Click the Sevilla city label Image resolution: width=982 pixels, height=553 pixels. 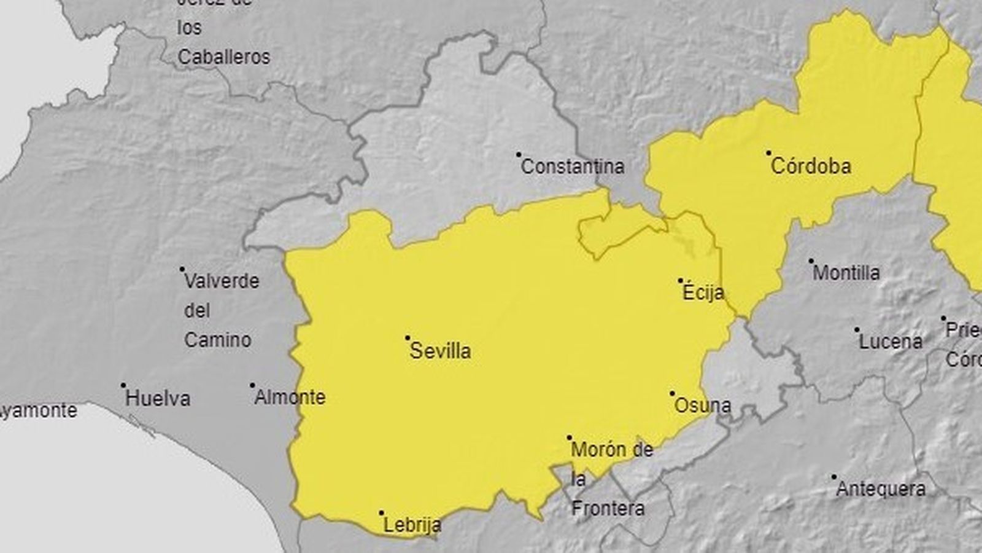440,351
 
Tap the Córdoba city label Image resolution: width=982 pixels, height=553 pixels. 811,166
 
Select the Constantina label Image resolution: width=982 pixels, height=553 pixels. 572,166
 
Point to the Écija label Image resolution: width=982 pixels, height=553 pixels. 703,292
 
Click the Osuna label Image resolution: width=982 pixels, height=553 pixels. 702,406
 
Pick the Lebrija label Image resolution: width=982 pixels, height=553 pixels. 412,525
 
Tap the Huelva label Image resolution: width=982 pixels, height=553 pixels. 158,398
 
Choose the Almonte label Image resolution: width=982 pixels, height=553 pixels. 290,397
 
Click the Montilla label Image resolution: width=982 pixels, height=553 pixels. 846,272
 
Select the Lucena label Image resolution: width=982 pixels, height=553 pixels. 891,342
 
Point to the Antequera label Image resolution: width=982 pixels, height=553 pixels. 881,489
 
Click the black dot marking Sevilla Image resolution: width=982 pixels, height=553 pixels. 408,338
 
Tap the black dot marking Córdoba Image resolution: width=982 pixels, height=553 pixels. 768,152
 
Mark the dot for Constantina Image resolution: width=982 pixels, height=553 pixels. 519,154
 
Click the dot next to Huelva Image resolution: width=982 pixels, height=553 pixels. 123,385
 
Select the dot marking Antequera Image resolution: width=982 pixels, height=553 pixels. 834,476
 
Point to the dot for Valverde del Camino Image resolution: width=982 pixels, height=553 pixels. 182,269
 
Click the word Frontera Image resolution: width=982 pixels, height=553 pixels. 608,508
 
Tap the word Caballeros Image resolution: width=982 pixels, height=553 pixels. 223,57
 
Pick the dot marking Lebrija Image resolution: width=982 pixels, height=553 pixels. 381,512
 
